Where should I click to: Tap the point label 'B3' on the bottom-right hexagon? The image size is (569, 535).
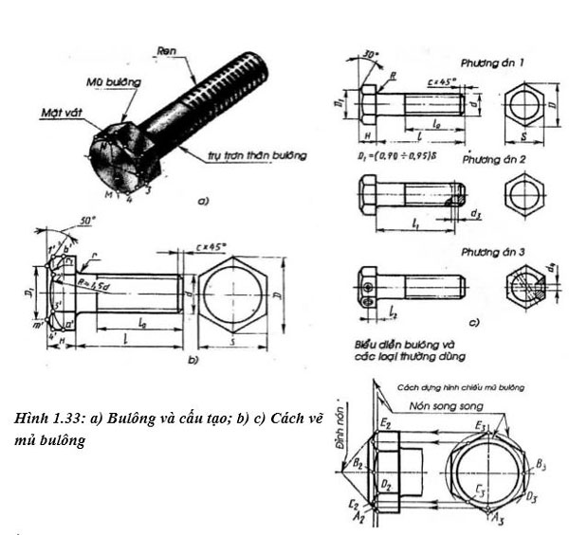coord(541,465)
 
